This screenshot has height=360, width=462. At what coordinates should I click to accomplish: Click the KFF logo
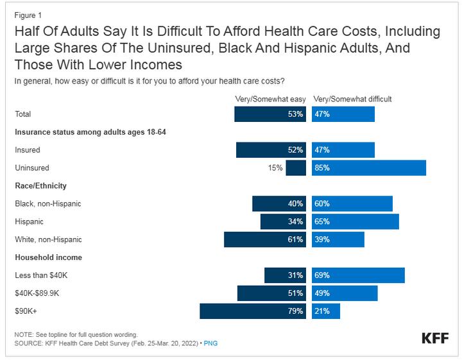point(434,338)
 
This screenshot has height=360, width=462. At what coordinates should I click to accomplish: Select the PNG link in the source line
point(210,343)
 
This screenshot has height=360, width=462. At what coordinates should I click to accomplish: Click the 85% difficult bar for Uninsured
point(369,168)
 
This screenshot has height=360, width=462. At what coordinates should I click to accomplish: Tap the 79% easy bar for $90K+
point(253,311)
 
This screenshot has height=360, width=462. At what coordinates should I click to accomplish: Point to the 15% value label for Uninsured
point(275,168)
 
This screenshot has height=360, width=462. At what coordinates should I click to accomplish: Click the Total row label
point(23,114)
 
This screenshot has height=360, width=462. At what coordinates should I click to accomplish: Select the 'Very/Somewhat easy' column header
point(271,99)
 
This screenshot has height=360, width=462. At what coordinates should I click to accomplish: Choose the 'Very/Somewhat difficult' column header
point(352,99)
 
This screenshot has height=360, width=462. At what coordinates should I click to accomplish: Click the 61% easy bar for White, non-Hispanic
point(265,239)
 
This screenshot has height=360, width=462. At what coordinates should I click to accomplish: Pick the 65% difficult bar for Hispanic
point(355,221)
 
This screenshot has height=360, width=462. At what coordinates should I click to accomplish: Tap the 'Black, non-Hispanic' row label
point(48,203)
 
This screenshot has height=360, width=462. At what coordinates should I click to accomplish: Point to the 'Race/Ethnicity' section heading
point(41,185)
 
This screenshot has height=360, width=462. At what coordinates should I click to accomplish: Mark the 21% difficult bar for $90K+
point(326,311)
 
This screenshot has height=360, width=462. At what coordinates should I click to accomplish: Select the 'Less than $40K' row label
point(40,275)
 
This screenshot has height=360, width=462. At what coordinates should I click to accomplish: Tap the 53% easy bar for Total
point(270,114)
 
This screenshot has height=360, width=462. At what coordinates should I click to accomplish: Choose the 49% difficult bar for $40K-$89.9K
point(345,293)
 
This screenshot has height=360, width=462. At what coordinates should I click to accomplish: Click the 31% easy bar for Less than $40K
point(285,275)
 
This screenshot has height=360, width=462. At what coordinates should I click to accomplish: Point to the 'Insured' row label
point(28,150)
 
